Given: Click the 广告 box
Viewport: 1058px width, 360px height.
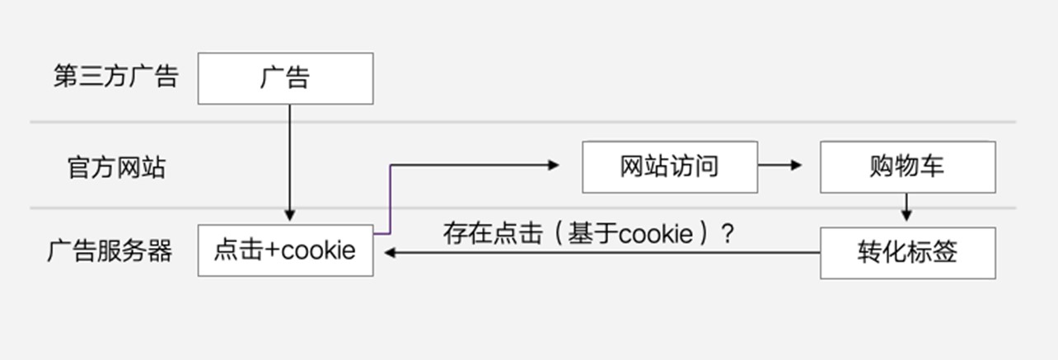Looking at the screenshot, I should [x=285, y=78].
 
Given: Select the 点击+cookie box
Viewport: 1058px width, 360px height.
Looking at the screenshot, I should [x=285, y=250].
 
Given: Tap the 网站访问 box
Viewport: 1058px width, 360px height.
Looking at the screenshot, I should [x=669, y=166].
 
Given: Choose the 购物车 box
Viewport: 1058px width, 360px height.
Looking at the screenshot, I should [x=907, y=166].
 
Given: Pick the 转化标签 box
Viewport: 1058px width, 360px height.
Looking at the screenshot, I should [x=907, y=252].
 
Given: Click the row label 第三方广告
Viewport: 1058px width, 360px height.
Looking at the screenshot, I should [x=115, y=77].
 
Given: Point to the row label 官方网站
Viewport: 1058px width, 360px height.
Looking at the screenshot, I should [x=115, y=167].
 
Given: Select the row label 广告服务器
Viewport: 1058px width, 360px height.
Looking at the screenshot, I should [x=110, y=250].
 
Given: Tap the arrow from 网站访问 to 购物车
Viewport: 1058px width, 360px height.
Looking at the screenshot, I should [x=779, y=166].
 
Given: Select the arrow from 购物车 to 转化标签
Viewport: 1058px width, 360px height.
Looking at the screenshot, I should [x=906, y=208].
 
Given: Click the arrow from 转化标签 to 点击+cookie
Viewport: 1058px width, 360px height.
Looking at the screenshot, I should [x=602, y=253].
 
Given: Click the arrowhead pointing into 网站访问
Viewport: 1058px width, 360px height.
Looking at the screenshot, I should [x=554, y=166].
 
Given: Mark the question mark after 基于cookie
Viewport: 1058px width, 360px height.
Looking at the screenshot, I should [x=727, y=234].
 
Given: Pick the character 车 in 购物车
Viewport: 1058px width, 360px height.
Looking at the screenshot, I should [x=932, y=166].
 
